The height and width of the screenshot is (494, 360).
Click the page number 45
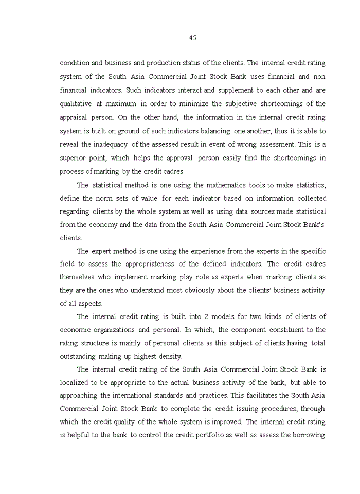coord(193,38)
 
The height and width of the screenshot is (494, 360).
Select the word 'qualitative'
coord(76,103)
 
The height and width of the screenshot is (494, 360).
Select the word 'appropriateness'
coord(149,264)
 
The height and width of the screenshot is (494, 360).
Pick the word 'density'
coord(169,357)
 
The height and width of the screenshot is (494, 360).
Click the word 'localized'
coord(76,383)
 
